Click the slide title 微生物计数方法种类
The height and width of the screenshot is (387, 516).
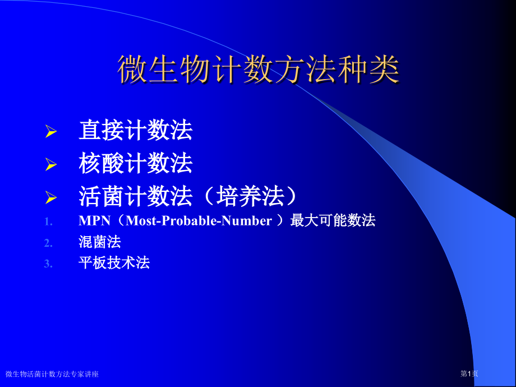(x=259, y=70)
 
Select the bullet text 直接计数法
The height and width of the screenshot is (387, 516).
(x=136, y=131)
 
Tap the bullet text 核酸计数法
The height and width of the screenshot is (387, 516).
(x=136, y=163)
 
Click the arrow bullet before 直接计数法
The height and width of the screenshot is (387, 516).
(x=51, y=132)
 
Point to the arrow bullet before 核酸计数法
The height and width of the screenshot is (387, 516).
(x=51, y=164)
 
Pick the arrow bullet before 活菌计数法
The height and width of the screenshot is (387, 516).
(x=51, y=197)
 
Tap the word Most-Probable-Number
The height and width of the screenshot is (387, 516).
(x=199, y=221)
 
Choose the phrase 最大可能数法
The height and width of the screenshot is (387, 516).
(x=333, y=221)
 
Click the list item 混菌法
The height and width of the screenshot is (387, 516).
(x=100, y=242)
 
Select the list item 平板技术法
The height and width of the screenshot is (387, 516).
(x=114, y=262)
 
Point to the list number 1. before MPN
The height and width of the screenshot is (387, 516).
(x=48, y=222)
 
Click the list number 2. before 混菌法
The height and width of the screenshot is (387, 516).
(x=48, y=242)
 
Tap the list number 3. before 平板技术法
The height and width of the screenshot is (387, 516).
(x=48, y=263)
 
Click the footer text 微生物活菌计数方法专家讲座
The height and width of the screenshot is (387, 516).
(x=52, y=374)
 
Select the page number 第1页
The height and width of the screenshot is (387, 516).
(x=469, y=374)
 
